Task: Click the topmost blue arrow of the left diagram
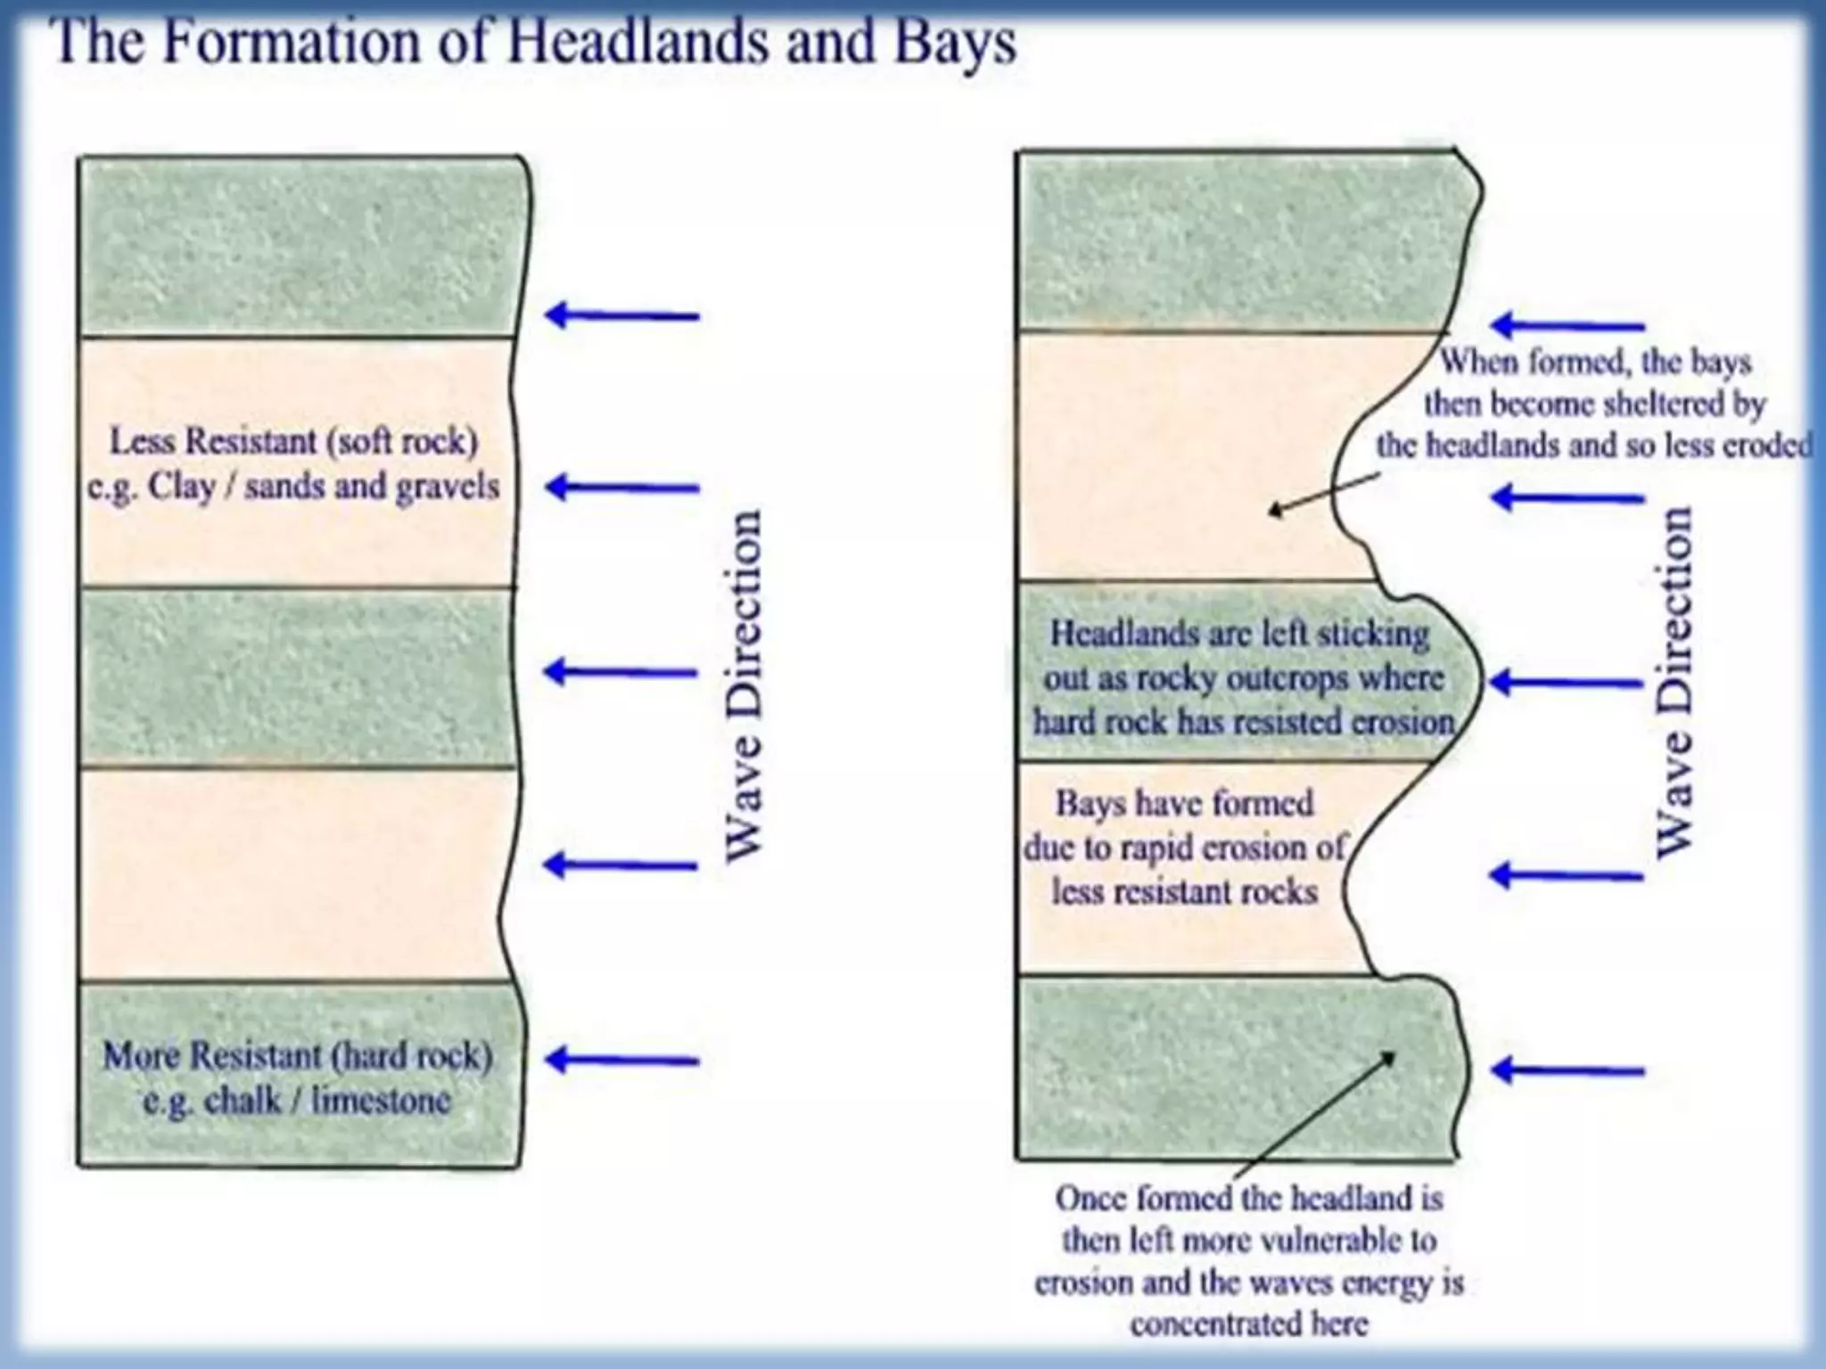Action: coord(621,315)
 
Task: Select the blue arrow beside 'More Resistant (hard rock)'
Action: coord(621,1060)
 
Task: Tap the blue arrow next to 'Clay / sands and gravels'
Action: coord(621,487)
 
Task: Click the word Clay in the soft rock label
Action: coord(182,487)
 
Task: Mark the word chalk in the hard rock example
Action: coord(242,1101)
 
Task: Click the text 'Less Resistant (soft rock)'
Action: coord(293,441)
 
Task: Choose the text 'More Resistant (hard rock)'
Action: coord(298,1056)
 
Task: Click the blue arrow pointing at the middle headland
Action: coord(1567,683)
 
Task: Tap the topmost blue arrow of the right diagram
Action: coord(1567,325)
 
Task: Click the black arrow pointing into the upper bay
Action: coord(1323,493)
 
